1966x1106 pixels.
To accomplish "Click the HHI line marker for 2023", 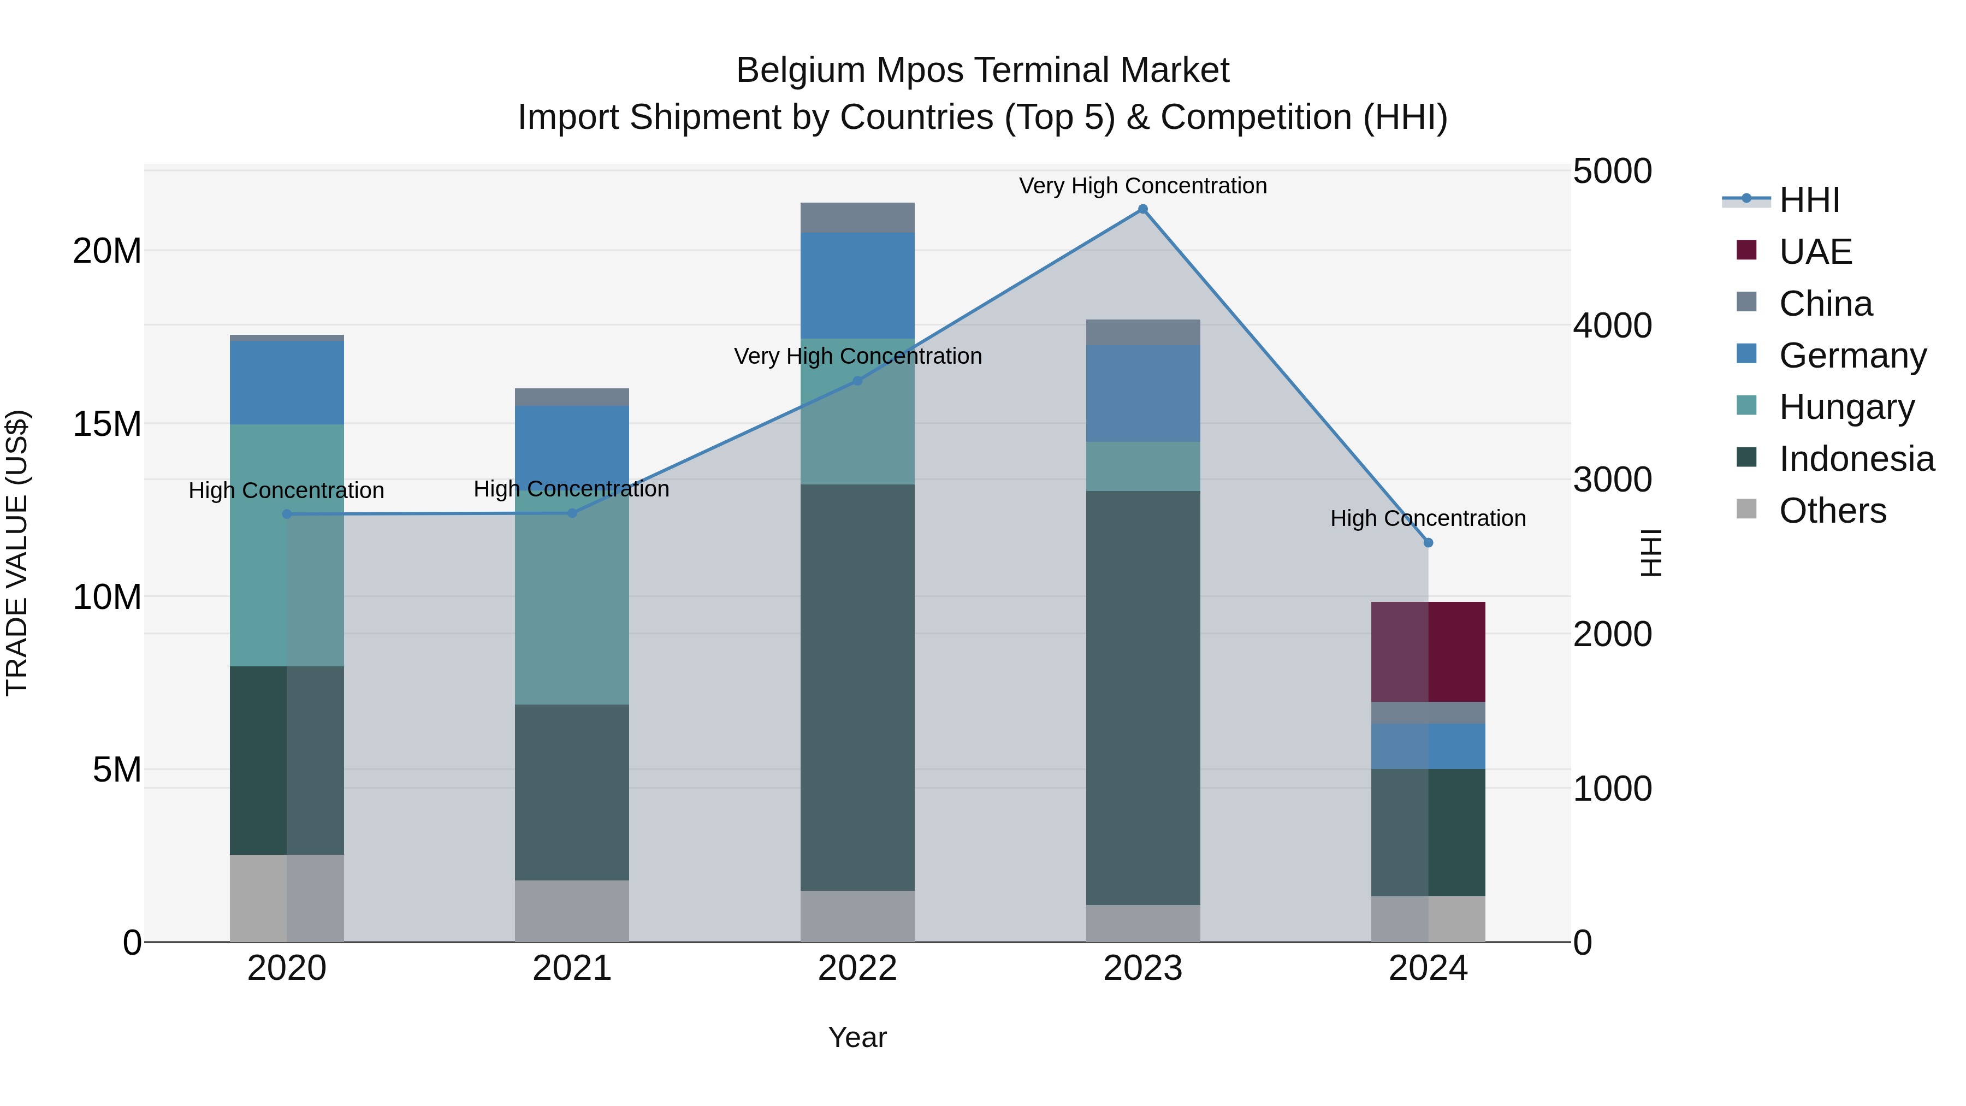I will coord(1142,209).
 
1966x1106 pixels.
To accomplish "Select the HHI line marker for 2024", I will coord(1428,543).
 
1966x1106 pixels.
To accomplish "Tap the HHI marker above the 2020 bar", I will coord(287,514).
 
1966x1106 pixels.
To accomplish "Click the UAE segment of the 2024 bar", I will coord(1428,651).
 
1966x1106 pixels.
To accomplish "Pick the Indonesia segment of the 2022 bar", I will coord(857,687).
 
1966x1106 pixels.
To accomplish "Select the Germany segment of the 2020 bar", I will coord(287,382).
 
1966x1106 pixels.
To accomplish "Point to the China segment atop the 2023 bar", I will coord(1142,332).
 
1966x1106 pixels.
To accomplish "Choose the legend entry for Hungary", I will coord(1846,407).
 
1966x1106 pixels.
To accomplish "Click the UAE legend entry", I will coord(1815,251).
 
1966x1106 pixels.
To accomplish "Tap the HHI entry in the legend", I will coord(1809,200).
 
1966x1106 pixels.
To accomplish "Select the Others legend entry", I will coord(1832,511).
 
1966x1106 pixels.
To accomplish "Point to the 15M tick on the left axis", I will coord(107,424).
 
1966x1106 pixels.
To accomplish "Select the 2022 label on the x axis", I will coord(857,968).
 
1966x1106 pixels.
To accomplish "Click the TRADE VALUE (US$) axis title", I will coord(17,553).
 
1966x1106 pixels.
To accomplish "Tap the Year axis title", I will coord(857,1037).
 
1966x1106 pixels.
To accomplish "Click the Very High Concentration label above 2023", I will coord(1142,186).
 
